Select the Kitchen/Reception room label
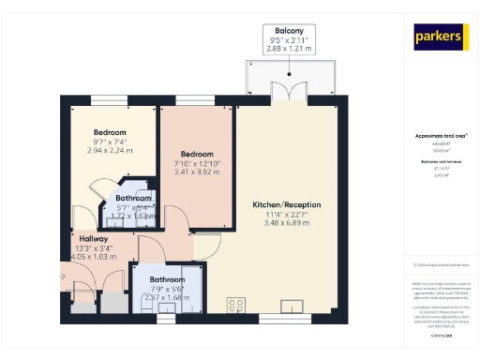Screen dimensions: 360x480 click(x=287, y=204)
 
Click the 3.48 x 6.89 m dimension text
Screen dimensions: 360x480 click(x=287, y=223)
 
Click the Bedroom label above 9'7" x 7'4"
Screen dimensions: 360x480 click(x=112, y=131)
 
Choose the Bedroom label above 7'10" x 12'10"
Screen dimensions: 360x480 click(x=196, y=154)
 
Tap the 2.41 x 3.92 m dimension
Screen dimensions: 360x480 click(x=196, y=172)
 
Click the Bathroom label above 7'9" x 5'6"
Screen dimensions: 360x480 click(x=167, y=279)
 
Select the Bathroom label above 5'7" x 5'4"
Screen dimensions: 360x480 click(x=134, y=198)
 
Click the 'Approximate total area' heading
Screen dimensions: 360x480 click(x=441, y=136)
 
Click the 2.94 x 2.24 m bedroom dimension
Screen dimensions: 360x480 click(x=112, y=149)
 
